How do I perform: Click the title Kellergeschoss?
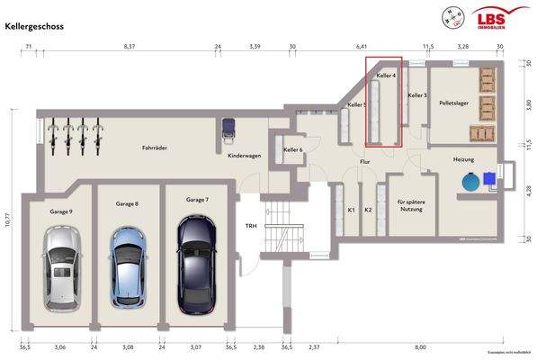(x=34, y=28)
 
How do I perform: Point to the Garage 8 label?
(x=126, y=204)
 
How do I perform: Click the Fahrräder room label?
(x=156, y=148)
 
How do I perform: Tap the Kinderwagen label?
(x=244, y=156)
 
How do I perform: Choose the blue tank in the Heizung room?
(x=471, y=181)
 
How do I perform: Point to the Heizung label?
(x=463, y=158)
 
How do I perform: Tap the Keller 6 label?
(x=293, y=149)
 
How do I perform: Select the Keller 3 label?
(x=416, y=94)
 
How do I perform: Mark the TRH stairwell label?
(x=252, y=226)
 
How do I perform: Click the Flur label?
(x=364, y=162)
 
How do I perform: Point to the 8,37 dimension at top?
(x=129, y=44)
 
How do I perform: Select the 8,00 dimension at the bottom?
(x=420, y=346)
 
